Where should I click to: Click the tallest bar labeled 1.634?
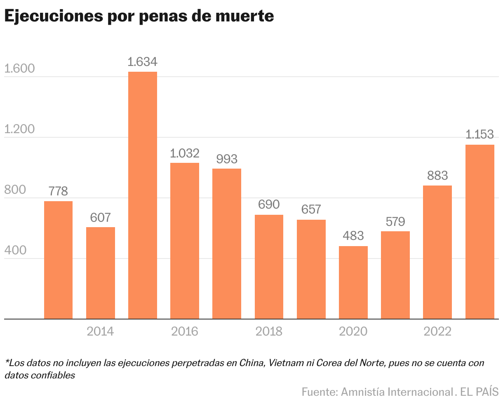pos(142,195)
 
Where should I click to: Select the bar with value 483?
pos(353,282)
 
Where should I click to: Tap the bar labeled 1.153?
pos(479,232)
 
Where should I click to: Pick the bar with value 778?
pos(58,260)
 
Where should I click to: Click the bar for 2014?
pos(101,273)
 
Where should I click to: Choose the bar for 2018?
pos(269,267)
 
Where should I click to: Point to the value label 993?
pos(227,159)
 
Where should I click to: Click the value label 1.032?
pos(185,153)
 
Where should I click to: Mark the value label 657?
pos(311,209)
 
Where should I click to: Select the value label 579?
pos(395,221)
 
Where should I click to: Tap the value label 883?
pos(437,176)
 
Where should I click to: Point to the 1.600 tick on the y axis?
pos(19,69)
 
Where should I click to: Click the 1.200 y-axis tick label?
pos(19,129)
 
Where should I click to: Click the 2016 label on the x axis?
pos(185,331)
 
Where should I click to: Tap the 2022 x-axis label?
pos(437,331)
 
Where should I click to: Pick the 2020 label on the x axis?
pos(353,331)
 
